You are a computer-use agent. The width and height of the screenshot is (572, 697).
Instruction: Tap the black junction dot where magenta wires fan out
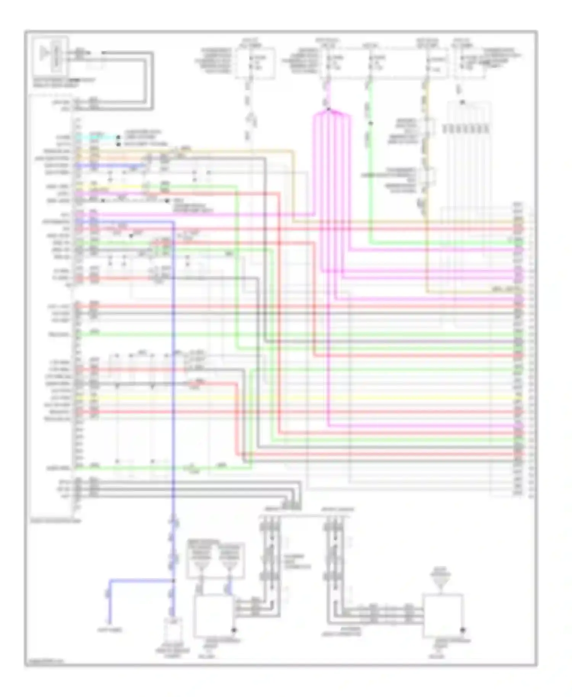pyautogui.click(x=328, y=110)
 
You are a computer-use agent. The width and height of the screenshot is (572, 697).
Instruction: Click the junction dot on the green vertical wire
pyautogui.click(x=370, y=123)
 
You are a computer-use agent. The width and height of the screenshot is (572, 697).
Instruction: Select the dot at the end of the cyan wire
pyautogui.click(x=118, y=137)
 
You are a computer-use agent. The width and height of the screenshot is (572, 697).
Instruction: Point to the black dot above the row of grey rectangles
pyautogui.click(x=462, y=102)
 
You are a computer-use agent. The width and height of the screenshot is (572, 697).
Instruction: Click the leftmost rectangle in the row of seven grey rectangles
pyautogui.click(x=445, y=129)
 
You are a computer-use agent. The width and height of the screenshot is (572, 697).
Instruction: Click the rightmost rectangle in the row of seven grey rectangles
pyautogui.click(x=487, y=129)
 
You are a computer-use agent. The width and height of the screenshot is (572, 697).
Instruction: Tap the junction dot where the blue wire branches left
pyautogui.click(x=174, y=581)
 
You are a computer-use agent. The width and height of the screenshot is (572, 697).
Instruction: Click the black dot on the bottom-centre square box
pyautogui.click(x=234, y=630)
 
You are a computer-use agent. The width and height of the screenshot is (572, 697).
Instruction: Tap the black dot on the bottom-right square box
pyautogui.click(x=463, y=630)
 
